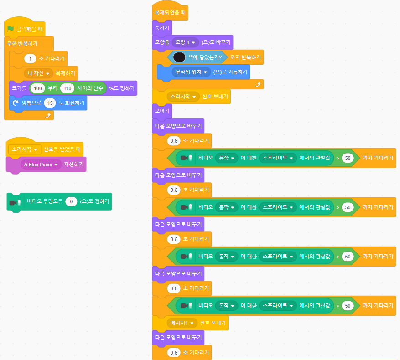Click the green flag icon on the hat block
click(x=11, y=29)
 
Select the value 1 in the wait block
click(x=30, y=58)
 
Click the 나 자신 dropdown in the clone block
click(x=39, y=73)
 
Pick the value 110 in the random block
click(x=67, y=88)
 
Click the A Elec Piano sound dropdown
click(x=41, y=165)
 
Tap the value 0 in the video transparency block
click(x=71, y=201)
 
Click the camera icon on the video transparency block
click(x=15, y=201)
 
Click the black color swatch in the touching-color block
click(x=179, y=57)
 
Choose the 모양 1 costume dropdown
click(x=185, y=42)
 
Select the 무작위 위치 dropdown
click(x=191, y=72)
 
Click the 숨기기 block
click(x=162, y=27)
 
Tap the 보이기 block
click(x=162, y=111)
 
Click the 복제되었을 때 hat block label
click(x=170, y=13)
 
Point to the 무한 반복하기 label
click(x=22, y=44)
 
